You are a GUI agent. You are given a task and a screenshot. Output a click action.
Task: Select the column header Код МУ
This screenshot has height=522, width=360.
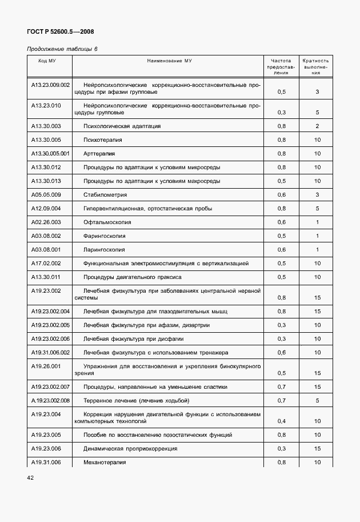(47, 60)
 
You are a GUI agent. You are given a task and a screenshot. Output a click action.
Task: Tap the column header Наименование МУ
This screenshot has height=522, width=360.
(169, 60)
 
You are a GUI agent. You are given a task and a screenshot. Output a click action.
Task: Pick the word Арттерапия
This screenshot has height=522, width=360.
(99, 153)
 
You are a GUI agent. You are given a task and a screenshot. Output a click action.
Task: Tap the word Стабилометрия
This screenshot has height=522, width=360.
(105, 194)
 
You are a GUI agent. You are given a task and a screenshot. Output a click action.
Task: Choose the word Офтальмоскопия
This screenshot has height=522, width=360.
(107, 222)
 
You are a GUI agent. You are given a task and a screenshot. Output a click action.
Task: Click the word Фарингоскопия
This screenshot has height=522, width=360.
(105, 236)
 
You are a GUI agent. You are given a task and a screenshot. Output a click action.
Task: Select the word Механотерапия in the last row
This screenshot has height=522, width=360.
(105, 462)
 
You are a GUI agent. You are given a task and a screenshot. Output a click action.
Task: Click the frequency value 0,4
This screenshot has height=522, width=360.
(281, 421)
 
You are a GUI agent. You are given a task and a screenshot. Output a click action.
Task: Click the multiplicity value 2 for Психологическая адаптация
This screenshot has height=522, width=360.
(317, 126)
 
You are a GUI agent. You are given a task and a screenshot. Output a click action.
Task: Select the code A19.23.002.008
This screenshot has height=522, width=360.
(50, 400)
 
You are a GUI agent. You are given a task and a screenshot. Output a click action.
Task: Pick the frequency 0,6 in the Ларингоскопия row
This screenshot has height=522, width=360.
(281, 249)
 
